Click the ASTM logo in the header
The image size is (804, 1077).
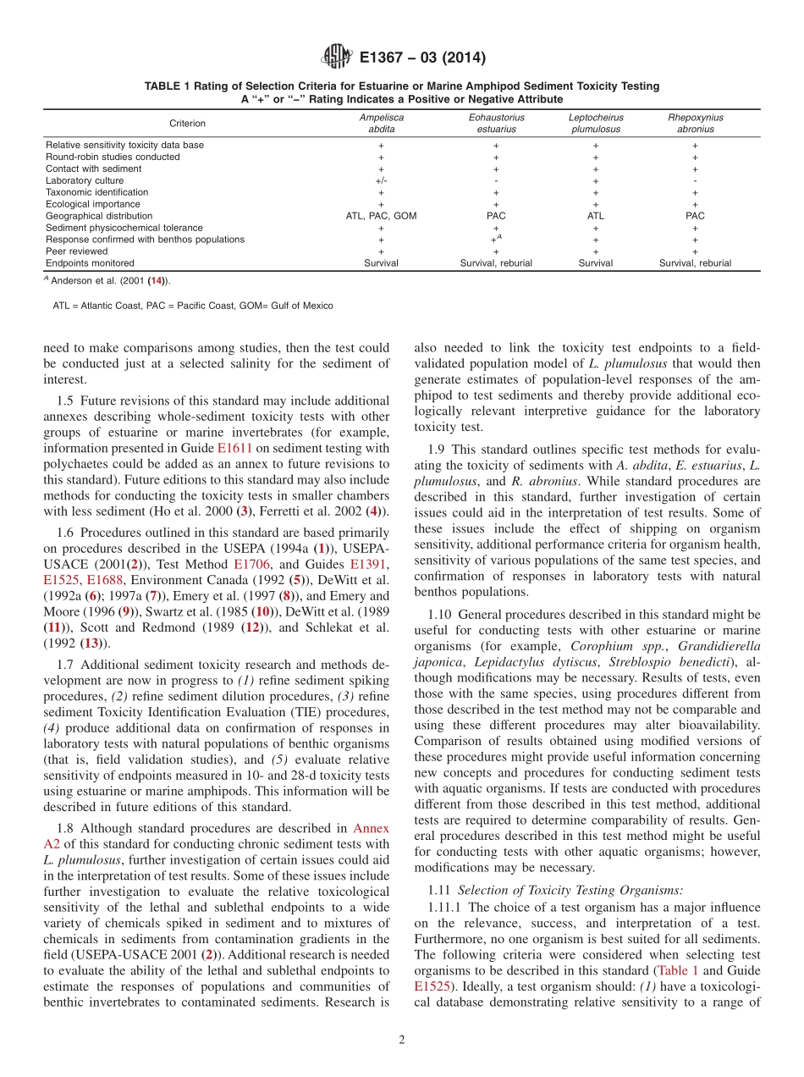336,58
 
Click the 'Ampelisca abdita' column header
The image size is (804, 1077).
381,124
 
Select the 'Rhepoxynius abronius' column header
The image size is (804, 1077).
695,124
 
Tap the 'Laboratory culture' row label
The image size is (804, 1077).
85,180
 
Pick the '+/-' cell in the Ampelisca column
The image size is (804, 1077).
381,180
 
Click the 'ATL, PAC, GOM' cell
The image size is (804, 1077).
381,216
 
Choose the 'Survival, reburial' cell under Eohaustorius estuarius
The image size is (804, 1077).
496,263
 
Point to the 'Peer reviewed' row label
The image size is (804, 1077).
76,251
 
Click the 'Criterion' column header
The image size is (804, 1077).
187,124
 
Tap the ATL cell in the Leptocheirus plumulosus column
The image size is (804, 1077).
595,216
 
